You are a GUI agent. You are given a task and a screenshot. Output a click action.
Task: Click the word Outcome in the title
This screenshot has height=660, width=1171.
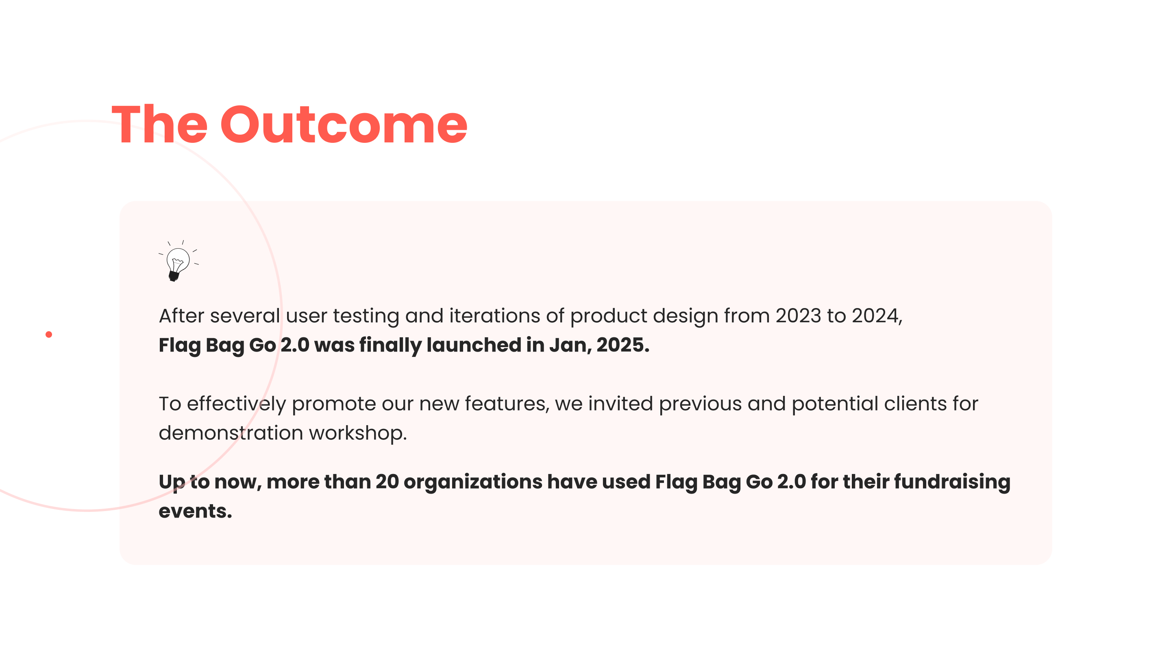(344, 125)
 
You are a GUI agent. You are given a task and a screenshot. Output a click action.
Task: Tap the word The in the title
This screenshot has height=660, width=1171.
(159, 124)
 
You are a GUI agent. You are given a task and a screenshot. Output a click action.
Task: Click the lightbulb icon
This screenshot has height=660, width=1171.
(178, 261)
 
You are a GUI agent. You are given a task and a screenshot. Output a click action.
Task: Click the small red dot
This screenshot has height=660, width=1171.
(49, 335)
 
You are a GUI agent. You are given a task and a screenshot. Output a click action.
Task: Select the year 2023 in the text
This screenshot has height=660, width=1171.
(798, 316)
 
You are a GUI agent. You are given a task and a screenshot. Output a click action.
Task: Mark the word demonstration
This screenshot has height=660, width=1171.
(231, 433)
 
